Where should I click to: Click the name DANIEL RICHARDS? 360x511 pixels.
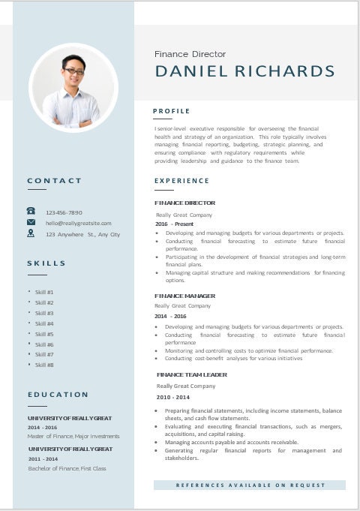[244, 71]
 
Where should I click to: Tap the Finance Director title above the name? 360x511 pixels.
[190, 54]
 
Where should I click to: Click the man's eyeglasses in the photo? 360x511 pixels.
[73, 71]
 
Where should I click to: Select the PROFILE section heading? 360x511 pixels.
[172, 111]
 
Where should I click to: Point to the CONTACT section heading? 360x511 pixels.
[55, 180]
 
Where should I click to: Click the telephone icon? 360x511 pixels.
[31, 212]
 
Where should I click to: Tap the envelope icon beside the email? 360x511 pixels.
[31, 222]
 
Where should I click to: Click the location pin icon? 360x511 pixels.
[31, 233]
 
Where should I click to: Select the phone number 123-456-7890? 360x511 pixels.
[64, 212]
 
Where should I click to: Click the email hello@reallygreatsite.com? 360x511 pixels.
[78, 223]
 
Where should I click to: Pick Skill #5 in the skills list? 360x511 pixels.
[44, 334]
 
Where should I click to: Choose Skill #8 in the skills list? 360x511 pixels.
[44, 365]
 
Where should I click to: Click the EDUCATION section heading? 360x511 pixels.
[58, 395]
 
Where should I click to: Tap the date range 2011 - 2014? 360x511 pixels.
[43, 458]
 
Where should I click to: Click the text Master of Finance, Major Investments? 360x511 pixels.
[73, 436]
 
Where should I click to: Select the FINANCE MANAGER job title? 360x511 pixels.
[184, 296]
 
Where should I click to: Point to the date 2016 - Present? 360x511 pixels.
[174, 224]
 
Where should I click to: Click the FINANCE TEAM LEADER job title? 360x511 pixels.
[191, 374]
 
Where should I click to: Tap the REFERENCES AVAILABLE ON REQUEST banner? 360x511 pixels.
[250, 485]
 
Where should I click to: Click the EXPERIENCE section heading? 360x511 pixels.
[181, 181]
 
